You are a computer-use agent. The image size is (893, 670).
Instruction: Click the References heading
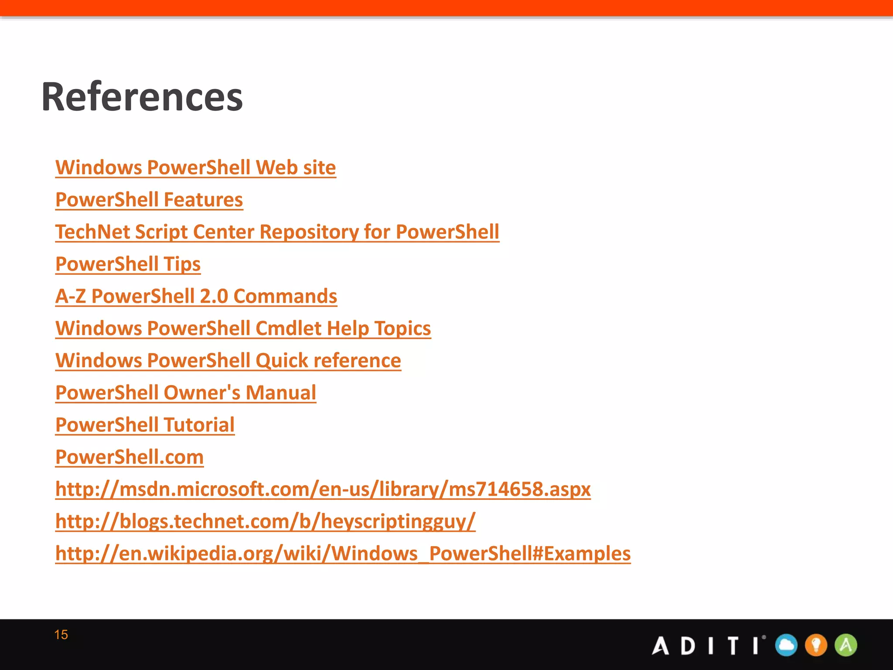(142, 97)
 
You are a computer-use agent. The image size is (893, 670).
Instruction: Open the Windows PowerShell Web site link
(195, 168)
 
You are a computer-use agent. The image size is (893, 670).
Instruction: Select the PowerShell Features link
(149, 200)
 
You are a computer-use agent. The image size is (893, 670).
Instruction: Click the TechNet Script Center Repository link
(277, 232)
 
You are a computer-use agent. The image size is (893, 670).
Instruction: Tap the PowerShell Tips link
(128, 264)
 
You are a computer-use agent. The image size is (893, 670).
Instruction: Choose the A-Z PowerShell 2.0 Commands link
(196, 297)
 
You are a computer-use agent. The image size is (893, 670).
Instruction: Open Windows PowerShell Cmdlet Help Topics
(243, 328)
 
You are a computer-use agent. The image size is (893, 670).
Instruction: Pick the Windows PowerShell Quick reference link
(228, 361)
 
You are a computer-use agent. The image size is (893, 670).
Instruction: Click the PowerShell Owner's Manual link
(186, 393)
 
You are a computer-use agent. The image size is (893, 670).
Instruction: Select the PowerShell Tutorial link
(145, 425)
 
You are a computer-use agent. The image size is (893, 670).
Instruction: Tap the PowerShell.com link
(130, 457)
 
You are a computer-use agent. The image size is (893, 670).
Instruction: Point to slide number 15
(61, 635)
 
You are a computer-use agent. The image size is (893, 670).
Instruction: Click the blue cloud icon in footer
(786, 645)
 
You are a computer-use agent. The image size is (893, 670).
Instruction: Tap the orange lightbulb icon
(816, 645)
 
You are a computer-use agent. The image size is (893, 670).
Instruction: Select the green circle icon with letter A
(845, 645)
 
